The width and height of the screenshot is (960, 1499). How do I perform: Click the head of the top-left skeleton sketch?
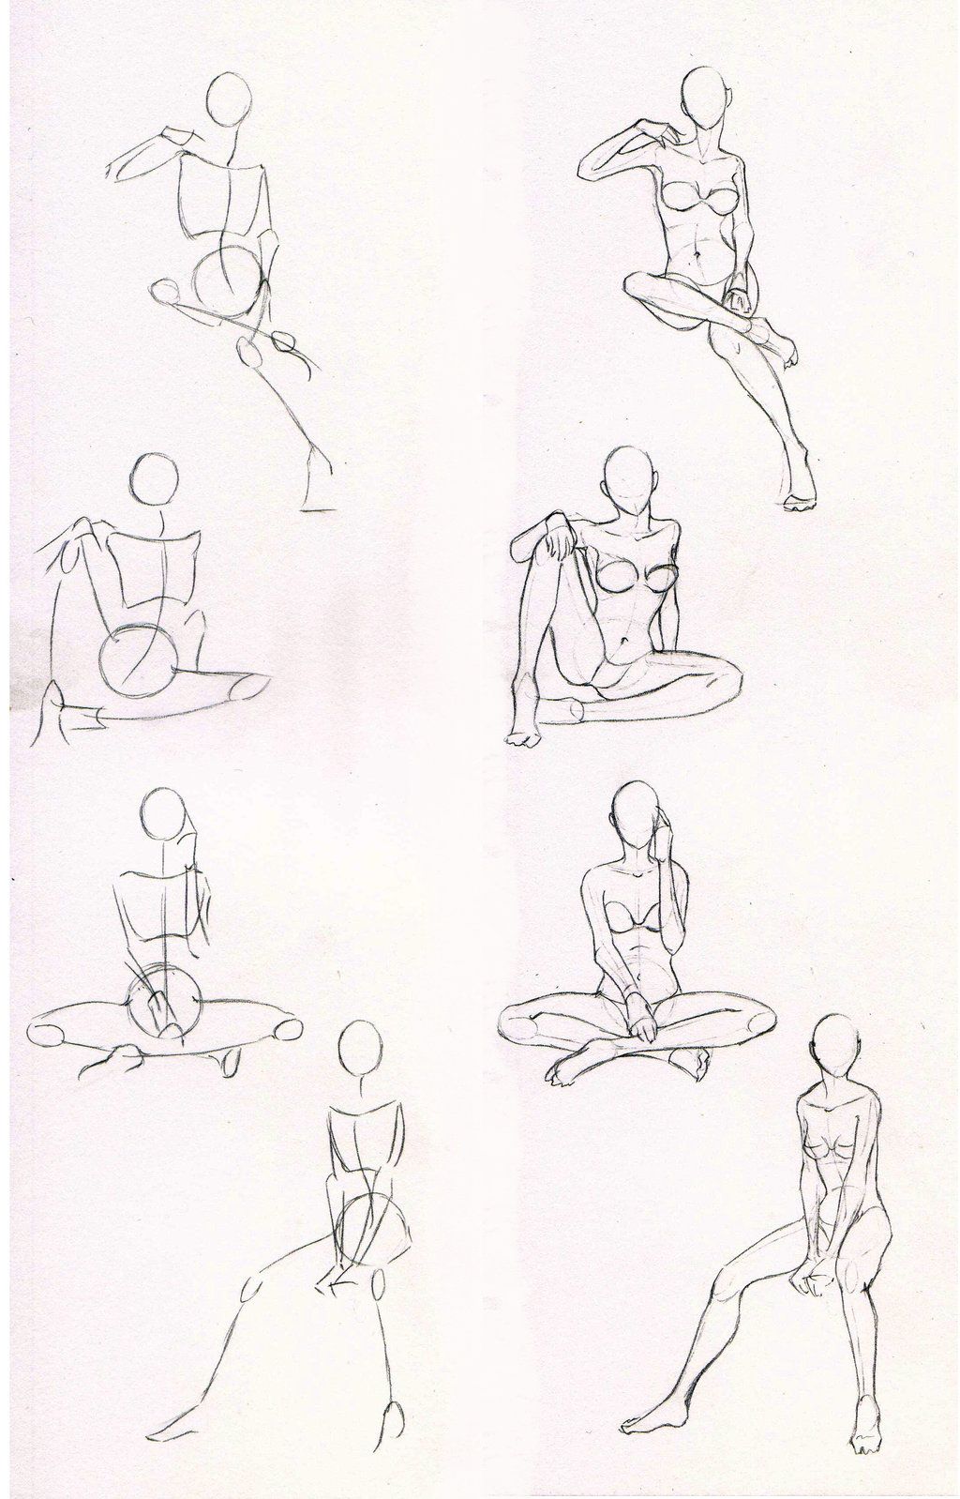point(229,98)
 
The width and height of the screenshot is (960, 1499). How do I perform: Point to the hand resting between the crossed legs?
point(645,1023)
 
